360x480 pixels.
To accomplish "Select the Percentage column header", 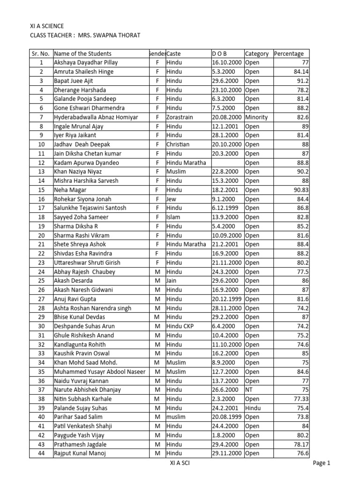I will (x=289, y=53).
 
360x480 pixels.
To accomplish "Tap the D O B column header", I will (x=219, y=53).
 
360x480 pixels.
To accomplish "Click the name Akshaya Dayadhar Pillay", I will (x=86, y=62).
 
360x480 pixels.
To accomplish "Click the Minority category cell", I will (x=256, y=117).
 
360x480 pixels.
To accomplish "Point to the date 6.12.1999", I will (x=226, y=208).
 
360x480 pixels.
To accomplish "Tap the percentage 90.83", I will (x=300, y=190).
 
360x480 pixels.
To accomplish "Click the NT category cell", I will (x=249, y=390).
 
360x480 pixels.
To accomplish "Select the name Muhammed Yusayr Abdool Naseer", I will (x=99, y=371).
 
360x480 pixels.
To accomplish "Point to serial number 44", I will (x=41, y=453).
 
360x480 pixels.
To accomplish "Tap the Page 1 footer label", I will (x=322, y=464).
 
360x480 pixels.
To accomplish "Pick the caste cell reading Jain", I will (x=172, y=280).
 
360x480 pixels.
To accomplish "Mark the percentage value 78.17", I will (x=300, y=444).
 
